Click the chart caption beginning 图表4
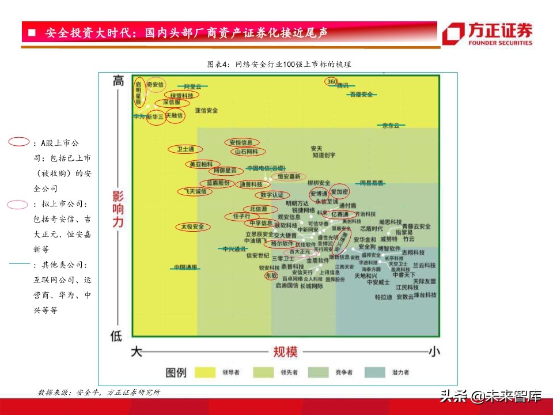[x=279, y=64]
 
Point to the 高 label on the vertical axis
[x=118, y=81]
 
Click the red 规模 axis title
[x=285, y=350]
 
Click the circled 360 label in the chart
[x=332, y=82]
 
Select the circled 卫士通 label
[x=185, y=149]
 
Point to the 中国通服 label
[x=185, y=267]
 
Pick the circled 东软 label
[x=271, y=276]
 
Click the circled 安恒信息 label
[x=241, y=142]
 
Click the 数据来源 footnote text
[x=99, y=393]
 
